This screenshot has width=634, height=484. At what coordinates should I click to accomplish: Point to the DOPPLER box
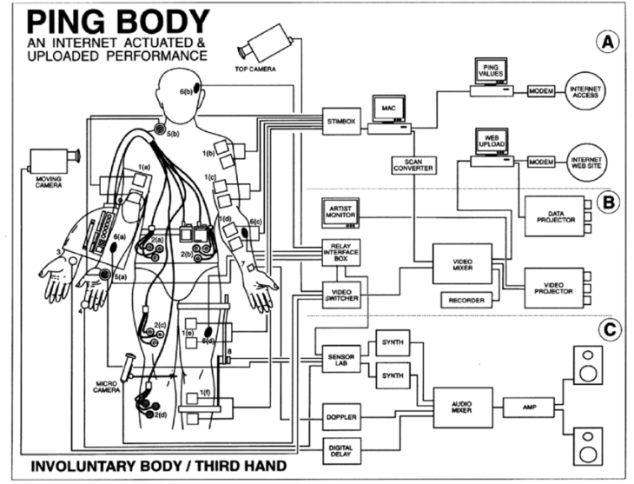[340, 418]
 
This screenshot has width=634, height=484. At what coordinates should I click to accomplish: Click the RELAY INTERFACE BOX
[340, 252]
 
